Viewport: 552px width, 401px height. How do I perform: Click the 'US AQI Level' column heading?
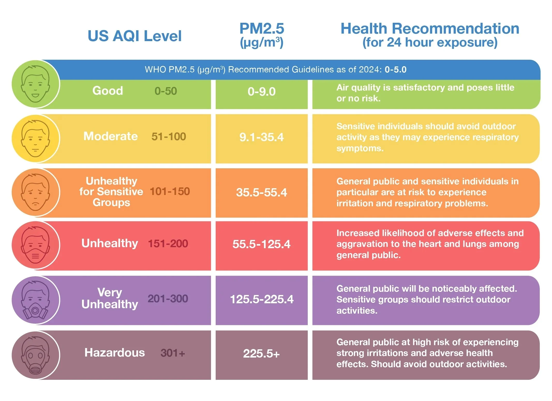[135, 36]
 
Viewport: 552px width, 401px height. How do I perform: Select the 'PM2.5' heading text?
[262, 28]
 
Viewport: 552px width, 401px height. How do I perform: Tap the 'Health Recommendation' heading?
[430, 28]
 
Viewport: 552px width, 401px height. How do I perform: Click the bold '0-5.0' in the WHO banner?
[395, 70]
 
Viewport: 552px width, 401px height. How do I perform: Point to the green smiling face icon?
[35, 84]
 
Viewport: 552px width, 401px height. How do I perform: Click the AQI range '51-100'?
[169, 137]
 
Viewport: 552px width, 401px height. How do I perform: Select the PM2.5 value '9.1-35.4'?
[262, 137]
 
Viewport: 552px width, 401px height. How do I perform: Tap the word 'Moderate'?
[110, 136]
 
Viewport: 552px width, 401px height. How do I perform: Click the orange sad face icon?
[35, 192]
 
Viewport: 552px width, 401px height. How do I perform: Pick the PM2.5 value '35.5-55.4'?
[262, 192]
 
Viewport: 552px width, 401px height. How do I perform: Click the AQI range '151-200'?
[168, 244]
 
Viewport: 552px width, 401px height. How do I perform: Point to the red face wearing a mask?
[35, 245]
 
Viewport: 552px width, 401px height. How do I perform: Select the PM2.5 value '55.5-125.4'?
[262, 244]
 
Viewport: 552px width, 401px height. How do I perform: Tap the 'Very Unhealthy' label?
[110, 298]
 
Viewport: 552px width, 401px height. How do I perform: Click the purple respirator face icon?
[35, 300]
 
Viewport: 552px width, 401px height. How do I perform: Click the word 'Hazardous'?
[115, 353]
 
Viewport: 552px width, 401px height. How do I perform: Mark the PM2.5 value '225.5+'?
[262, 353]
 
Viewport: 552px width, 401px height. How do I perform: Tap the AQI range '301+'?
[173, 353]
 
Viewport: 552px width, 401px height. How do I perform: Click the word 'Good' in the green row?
[108, 91]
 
